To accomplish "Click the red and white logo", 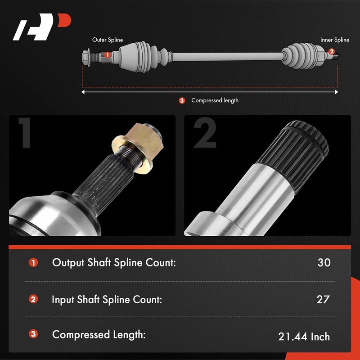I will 42,27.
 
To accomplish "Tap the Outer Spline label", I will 108,40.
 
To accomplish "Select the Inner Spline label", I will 334,40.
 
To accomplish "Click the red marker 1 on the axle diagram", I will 107,55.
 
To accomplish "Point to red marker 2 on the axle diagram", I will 332,52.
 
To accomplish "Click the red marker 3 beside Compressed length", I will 182,100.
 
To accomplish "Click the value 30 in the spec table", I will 324,263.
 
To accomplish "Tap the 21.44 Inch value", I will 304,336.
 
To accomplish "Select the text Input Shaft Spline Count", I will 107,299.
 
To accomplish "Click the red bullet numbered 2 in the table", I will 33,299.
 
